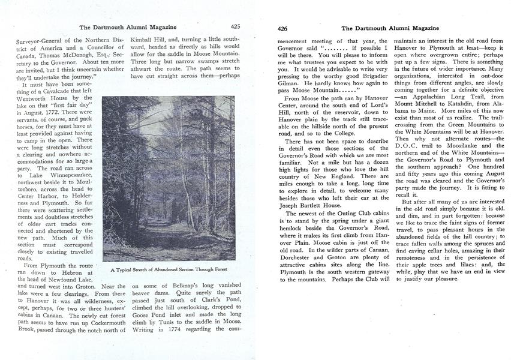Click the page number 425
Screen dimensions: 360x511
pyautogui.click(x=235, y=26)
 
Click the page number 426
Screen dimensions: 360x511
pyautogui.click(x=283, y=28)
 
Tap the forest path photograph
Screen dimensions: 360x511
pyautogui.click(x=169, y=179)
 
